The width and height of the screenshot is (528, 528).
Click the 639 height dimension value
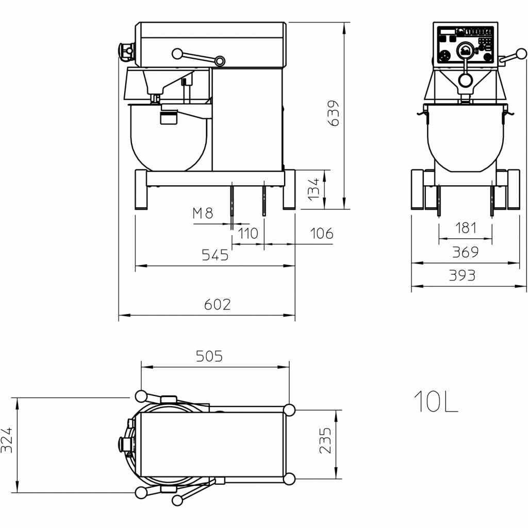point(334,113)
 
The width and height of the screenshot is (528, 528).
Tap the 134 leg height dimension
point(313,189)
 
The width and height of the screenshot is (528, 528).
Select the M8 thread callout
point(203,213)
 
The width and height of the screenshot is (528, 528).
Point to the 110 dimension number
point(248,234)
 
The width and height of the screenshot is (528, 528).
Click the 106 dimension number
point(322,234)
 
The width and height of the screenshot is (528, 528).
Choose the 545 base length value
point(215,255)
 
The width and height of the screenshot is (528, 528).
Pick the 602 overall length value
point(218,305)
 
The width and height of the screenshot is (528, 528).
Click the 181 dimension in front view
point(466,228)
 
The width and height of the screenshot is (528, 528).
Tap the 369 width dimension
point(465,252)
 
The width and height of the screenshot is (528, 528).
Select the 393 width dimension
point(462,275)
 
